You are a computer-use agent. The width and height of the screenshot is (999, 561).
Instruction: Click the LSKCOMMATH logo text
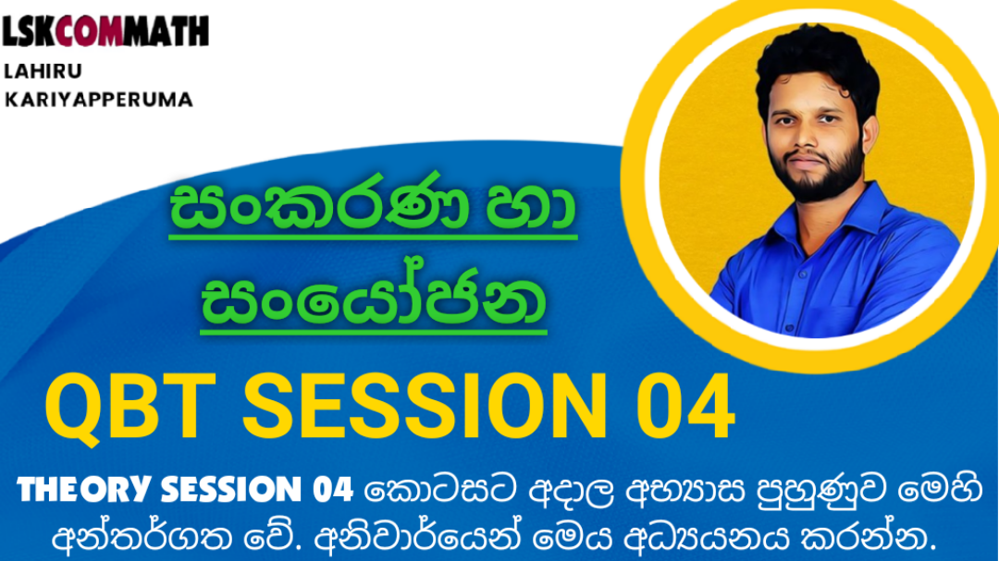point(105,31)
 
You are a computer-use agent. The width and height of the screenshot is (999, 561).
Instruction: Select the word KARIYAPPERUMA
point(99,99)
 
